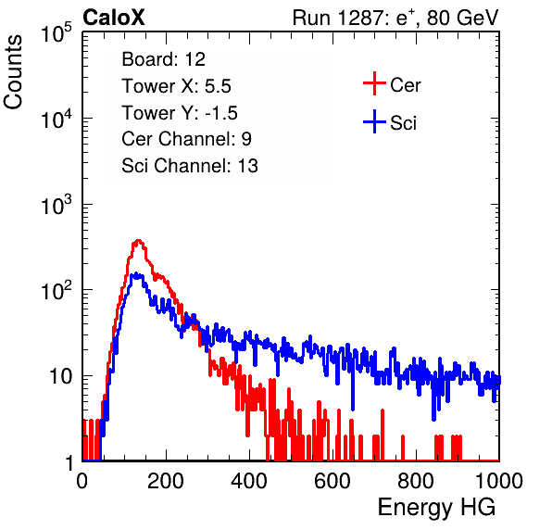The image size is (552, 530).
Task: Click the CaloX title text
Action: click(113, 18)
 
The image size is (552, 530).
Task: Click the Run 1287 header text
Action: click(395, 18)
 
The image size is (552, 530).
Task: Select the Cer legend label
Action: click(405, 85)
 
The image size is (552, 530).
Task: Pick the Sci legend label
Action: click(404, 123)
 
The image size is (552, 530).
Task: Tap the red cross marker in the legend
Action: click(374, 83)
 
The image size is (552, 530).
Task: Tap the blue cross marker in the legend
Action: click(374, 121)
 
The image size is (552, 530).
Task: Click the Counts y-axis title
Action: click(13, 72)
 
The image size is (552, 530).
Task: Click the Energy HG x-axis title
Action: click(436, 507)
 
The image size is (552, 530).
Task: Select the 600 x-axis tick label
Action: click(332, 481)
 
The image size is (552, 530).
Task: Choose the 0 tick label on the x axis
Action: click(82, 481)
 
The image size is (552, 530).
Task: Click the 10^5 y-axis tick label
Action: click(56, 32)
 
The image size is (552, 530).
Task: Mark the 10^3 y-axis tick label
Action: click(56, 204)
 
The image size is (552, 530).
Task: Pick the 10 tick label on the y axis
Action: click(60, 376)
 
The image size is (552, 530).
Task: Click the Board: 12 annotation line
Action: click(163, 59)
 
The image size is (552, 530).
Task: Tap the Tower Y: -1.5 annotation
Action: click(180, 113)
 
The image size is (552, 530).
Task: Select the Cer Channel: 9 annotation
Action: click(186, 139)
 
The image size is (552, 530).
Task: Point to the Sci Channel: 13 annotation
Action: click(190, 166)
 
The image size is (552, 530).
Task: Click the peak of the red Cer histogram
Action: click(138, 241)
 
